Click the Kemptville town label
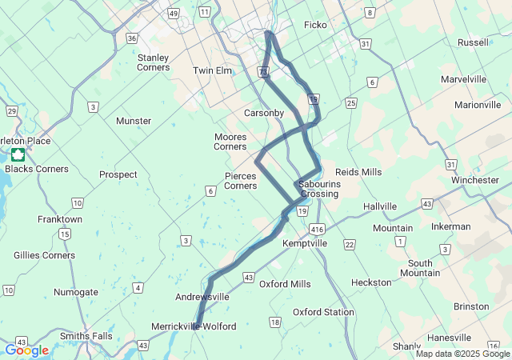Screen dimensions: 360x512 305,242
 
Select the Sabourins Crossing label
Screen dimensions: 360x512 320,189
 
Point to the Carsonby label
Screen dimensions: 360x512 264,113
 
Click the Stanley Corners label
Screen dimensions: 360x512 154,62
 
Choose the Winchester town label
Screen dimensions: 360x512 474,180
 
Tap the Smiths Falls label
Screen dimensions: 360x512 86,336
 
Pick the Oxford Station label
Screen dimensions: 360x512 323,312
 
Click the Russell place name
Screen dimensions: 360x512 474,42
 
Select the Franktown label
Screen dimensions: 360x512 60,218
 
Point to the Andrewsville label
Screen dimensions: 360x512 202,297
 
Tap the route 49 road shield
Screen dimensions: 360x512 174,14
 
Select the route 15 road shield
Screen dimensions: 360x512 64,234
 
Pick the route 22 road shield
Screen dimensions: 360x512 349,244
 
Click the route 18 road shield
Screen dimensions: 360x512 275,322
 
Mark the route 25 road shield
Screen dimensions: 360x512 350,103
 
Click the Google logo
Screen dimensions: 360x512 26,350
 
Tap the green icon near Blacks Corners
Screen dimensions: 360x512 18,154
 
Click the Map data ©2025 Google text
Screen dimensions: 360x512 462,354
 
